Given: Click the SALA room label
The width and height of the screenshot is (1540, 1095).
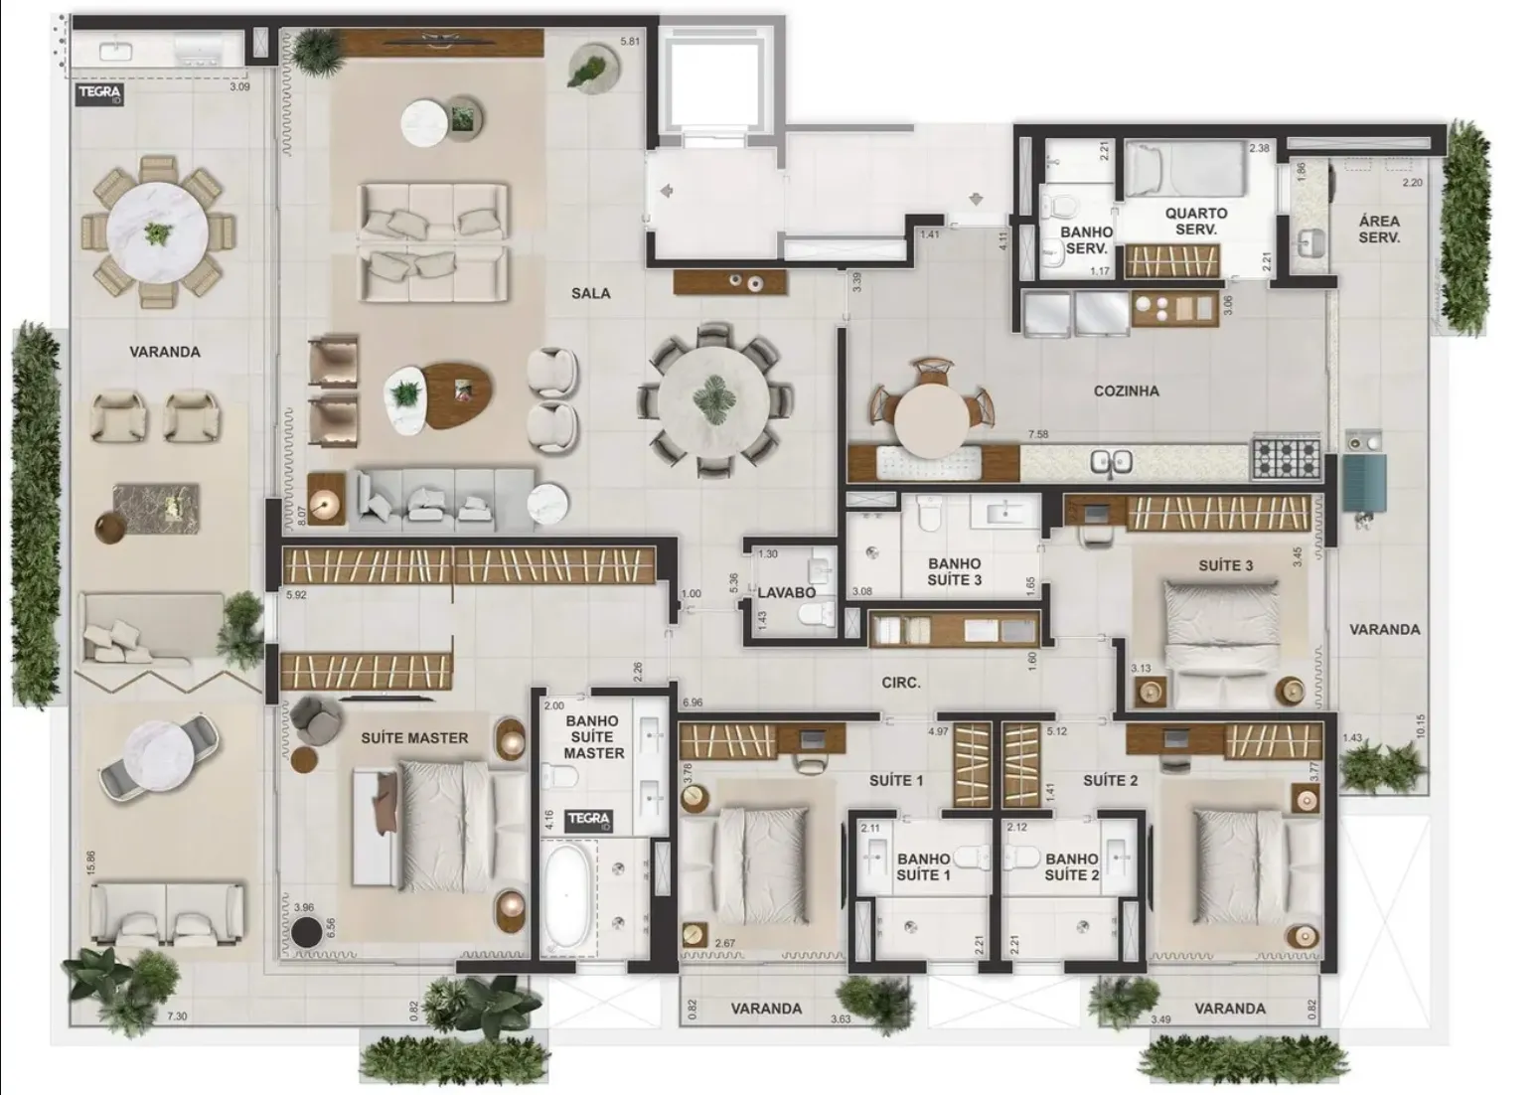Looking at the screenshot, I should click(590, 293).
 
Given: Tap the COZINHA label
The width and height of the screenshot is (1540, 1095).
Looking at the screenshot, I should click(1126, 391).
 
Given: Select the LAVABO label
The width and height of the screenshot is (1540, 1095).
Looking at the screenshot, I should click(786, 593).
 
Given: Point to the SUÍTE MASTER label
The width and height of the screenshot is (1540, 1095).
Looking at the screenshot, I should click(414, 738).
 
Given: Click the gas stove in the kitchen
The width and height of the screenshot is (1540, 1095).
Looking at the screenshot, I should click(1286, 458).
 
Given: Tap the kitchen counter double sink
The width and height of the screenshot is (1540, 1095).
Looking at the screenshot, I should click(1111, 461).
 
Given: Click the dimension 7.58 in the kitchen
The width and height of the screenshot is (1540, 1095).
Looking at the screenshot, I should click(1037, 434).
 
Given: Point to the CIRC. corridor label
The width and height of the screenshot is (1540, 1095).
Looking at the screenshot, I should click(900, 684).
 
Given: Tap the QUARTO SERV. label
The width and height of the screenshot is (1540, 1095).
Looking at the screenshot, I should click(1196, 221).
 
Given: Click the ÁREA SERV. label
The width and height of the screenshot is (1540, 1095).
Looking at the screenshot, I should click(1379, 230).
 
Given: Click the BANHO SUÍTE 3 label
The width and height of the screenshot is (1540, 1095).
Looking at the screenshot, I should click(954, 571).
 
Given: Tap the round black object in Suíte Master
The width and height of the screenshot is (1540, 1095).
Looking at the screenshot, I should click(307, 933).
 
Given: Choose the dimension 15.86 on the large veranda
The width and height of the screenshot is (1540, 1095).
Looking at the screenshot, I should click(90, 861).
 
